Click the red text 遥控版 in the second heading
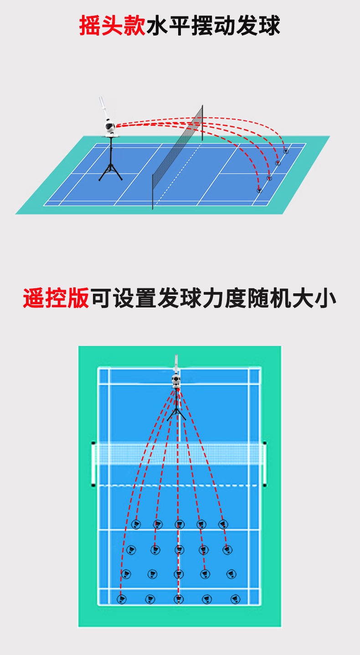(56, 298)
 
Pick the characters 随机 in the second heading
(270, 298)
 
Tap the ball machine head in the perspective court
(109, 128)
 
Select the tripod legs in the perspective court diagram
(111, 169)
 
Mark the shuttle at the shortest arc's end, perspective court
(259, 190)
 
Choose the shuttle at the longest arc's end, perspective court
(286, 151)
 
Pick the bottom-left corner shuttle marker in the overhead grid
(122, 599)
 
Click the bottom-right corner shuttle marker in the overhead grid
(235, 599)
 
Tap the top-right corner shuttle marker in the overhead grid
(223, 525)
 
